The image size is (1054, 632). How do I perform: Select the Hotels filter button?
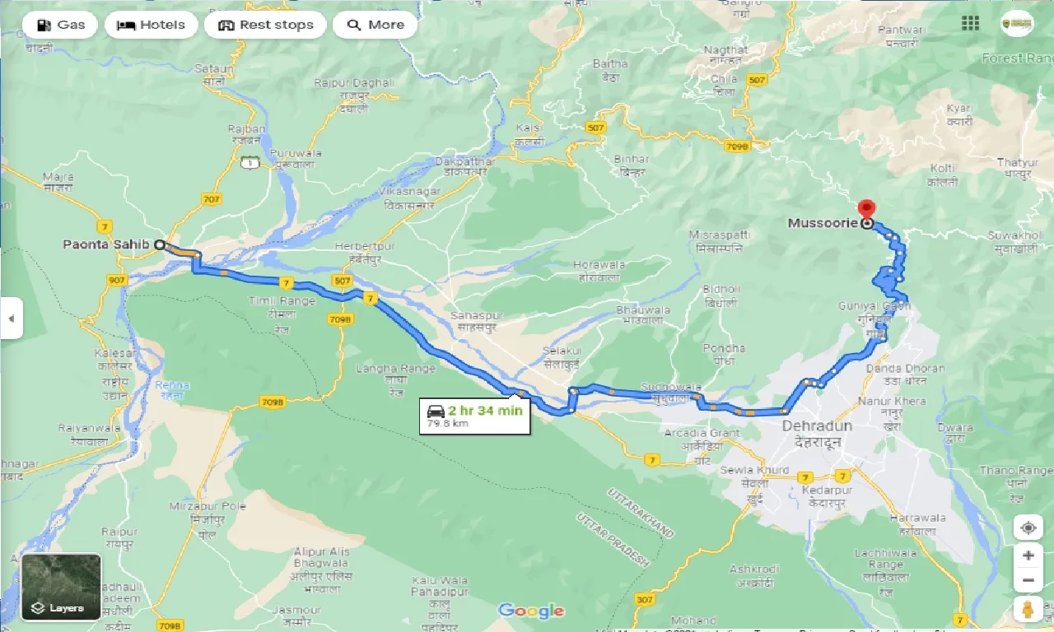click(x=151, y=25)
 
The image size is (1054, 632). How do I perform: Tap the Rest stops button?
click(x=265, y=25)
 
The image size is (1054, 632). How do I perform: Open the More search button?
click(x=375, y=25)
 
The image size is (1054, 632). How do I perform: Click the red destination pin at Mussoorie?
click(x=865, y=209)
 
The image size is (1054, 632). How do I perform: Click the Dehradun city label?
click(x=817, y=427)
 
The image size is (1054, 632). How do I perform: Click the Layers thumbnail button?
click(x=61, y=587)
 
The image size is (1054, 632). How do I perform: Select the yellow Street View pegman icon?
click(x=1028, y=610)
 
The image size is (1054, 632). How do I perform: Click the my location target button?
click(x=1028, y=527)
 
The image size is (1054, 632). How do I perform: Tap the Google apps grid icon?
click(x=971, y=24)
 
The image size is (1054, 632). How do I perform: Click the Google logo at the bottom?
click(x=531, y=611)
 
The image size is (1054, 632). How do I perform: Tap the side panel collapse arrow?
click(x=11, y=318)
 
